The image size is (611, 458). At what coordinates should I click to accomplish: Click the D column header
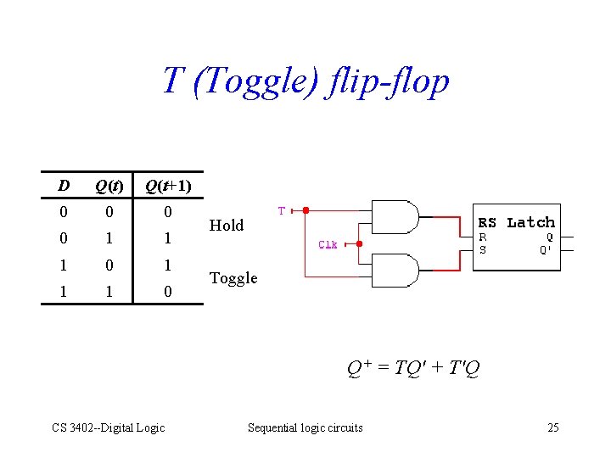64,185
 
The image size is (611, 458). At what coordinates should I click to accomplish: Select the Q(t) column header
109,185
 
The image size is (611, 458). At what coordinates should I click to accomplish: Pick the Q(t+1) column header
168,185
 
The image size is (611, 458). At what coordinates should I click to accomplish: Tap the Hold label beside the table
227,225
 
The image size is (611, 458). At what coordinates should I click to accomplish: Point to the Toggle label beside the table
233,278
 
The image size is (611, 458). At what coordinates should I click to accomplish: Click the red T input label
282,209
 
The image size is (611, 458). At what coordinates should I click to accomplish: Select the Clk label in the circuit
328,244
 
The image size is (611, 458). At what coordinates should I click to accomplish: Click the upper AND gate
395,218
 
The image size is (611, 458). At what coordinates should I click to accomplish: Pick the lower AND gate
395,271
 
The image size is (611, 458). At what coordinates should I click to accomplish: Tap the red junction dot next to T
306,210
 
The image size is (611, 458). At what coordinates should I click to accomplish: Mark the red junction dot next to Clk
359,244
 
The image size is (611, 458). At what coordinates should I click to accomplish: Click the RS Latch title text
517,222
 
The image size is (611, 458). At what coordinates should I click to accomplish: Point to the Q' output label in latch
547,249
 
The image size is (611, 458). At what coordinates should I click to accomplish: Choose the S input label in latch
483,249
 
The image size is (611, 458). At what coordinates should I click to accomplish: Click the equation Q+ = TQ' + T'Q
413,368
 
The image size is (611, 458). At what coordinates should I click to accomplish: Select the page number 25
552,427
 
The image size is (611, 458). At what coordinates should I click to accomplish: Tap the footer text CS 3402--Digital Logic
109,427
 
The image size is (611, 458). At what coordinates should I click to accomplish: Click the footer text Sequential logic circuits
305,427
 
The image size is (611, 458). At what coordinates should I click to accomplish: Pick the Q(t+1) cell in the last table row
168,291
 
